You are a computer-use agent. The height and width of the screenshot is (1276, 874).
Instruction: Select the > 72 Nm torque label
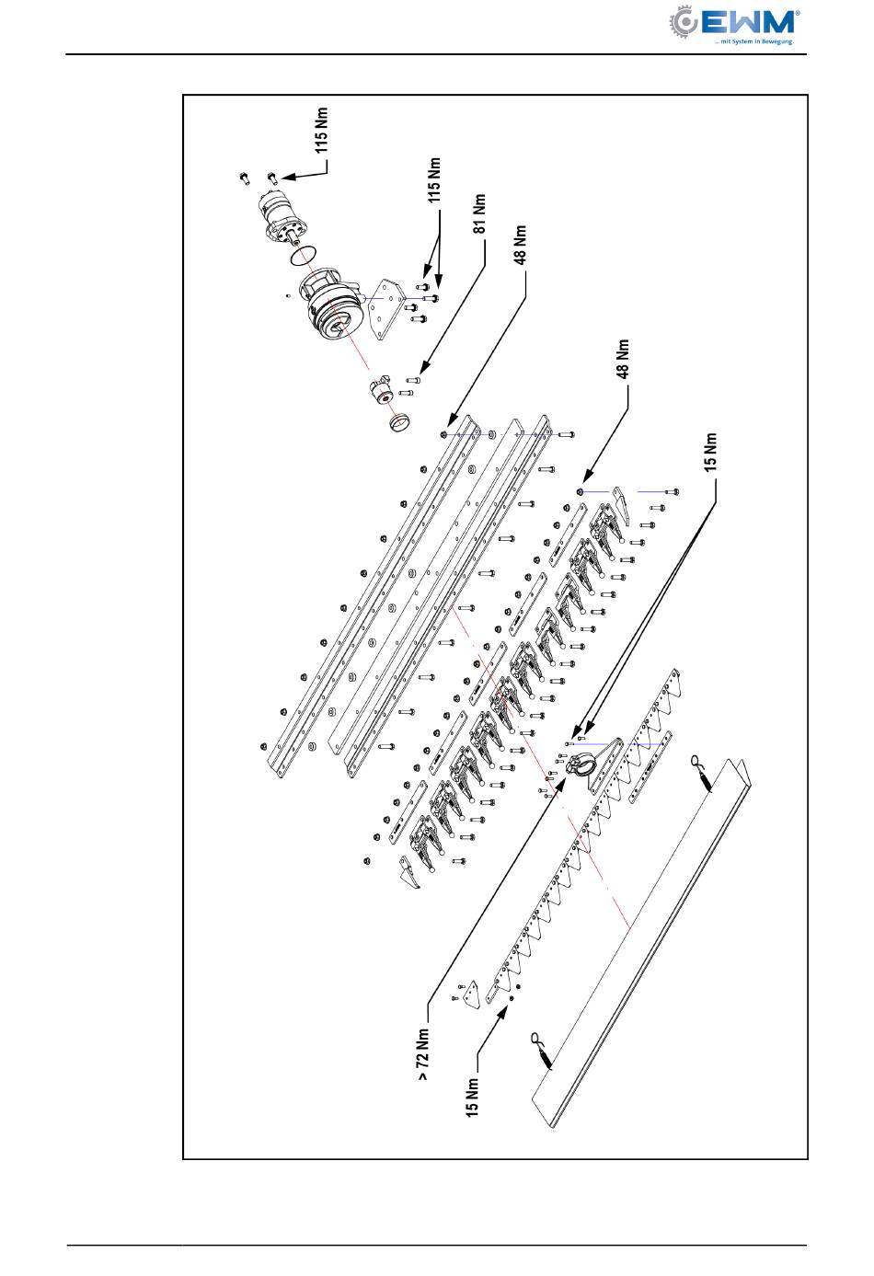click(423, 1054)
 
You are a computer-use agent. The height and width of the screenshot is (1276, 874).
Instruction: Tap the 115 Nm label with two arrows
click(434, 179)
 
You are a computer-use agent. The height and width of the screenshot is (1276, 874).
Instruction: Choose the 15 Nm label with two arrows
click(710, 453)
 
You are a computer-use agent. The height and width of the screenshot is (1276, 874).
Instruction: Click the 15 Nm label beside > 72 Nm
click(472, 1097)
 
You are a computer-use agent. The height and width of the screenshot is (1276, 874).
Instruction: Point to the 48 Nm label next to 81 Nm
click(521, 245)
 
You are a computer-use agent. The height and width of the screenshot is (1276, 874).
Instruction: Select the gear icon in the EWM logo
click(683, 22)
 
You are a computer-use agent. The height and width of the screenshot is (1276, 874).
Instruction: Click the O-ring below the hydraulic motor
click(304, 256)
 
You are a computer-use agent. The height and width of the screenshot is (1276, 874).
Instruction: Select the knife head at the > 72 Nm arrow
click(581, 764)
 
